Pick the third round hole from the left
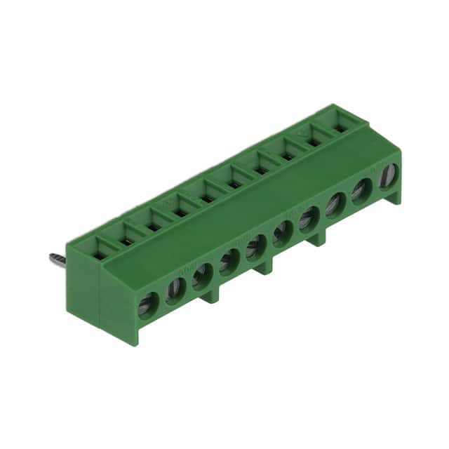(x=203, y=276)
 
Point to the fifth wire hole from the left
(x=256, y=248)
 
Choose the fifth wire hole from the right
(x=282, y=233)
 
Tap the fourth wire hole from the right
(x=309, y=220)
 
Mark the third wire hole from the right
(x=335, y=205)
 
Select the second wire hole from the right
(x=362, y=191)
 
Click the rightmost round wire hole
(x=388, y=176)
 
